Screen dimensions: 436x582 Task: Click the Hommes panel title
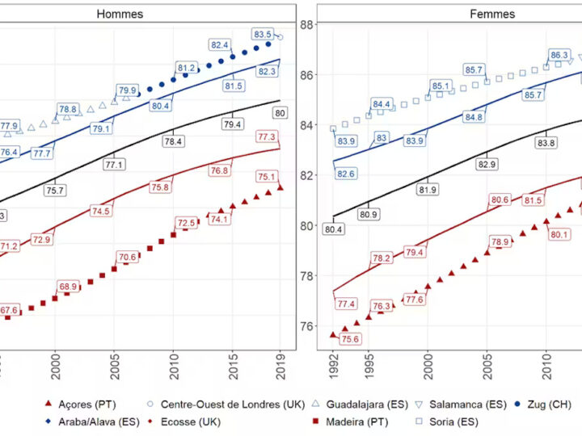[120, 14]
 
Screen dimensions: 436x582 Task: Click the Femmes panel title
[492, 14]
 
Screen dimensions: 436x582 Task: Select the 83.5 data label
[264, 35]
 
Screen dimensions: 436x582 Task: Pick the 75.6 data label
[349, 339]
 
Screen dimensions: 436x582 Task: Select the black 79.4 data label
[232, 124]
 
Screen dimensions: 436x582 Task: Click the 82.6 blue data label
[346, 174]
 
